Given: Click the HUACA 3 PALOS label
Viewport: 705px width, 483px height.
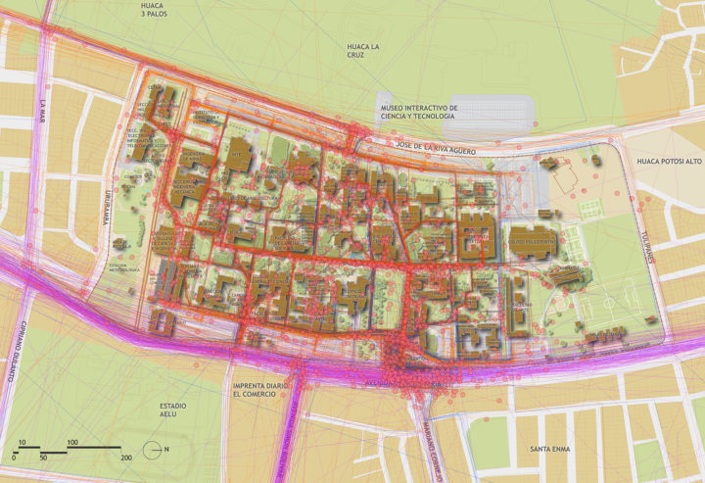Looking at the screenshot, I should point(151,10).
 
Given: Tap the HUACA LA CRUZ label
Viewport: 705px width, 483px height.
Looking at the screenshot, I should point(362,52).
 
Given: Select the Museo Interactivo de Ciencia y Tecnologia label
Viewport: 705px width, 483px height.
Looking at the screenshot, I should point(418,112).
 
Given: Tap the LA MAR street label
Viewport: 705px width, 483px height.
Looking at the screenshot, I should point(42,112).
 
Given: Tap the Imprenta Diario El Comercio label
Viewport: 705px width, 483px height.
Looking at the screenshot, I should point(260,392).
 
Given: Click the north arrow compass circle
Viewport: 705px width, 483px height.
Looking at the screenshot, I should point(151,450).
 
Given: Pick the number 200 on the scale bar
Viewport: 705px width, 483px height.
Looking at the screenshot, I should point(125,458).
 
